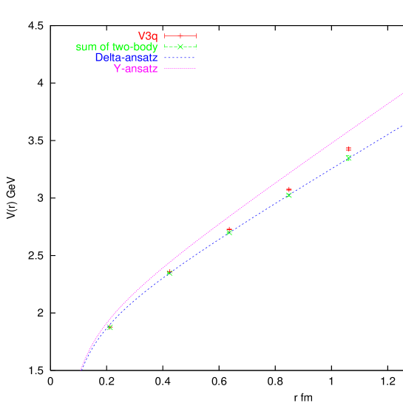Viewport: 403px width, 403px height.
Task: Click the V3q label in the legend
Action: (x=147, y=35)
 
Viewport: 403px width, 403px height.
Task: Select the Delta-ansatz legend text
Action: (x=126, y=57)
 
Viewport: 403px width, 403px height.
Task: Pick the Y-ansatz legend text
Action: (x=135, y=68)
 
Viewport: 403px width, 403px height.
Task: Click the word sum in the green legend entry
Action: (x=85, y=47)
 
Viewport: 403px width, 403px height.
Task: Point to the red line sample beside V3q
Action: (x=180, y=35)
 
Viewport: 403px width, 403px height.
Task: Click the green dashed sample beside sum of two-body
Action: (x=180, y=47)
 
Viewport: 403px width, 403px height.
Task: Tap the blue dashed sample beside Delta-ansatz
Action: (x=180, y=57)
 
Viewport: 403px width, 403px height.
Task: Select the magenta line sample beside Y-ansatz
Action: (x=180, y=68)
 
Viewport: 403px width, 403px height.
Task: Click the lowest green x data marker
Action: (x=110, y=328)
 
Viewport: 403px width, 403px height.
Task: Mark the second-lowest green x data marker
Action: (x=169, y=273)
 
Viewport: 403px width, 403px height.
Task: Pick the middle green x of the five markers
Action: (x=229, y=233)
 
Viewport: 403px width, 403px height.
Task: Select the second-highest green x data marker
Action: (x=289, y=195)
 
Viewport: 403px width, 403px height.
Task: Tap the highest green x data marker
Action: (x=348, y=158)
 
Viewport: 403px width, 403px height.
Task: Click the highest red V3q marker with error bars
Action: (x=348, y=149)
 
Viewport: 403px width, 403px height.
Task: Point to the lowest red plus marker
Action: (x=229, y=229)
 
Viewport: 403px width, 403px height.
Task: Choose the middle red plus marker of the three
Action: (x=289, y=189)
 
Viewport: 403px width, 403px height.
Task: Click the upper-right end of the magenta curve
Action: (x=402, y=95)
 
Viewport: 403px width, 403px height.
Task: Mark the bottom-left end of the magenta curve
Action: (x=81, y=369)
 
